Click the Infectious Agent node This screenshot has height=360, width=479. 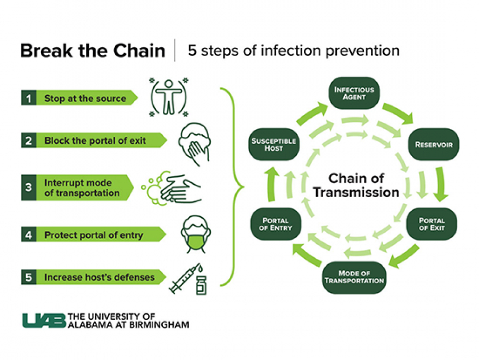tap(354, 94)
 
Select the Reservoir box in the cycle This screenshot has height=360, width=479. tap(433, 144)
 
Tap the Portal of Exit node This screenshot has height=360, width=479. tap(432, 224)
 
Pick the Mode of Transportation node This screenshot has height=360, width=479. tap(354, 277)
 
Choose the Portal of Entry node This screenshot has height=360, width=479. tap(275, 224)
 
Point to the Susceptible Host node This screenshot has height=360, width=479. tap(274, 144)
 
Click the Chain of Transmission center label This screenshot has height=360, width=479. tap(356, 185)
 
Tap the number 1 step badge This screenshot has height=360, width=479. tap(28, 98)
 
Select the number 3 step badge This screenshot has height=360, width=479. tap(28, 187)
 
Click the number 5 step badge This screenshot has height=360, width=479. tap(28, 277)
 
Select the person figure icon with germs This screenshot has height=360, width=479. tap(169, 97)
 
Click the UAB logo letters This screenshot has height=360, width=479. tap(44, 320)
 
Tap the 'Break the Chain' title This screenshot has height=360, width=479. tap(93, 51)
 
